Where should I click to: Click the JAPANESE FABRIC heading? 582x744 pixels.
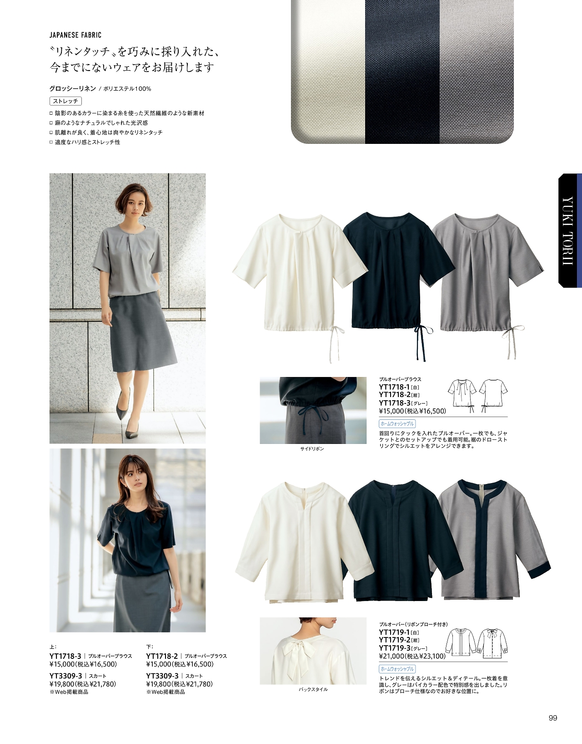pos(75,35)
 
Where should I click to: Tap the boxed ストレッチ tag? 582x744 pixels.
pos(65,101)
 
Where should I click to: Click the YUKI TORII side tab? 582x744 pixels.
pos(569,230)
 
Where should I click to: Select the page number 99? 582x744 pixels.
pos(552,719)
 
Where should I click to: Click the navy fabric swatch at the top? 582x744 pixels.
pos(402,71)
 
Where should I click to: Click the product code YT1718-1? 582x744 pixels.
pos(394,387)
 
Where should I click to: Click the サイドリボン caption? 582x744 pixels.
pos(312,449)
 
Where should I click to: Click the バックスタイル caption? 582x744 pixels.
pos(313,689)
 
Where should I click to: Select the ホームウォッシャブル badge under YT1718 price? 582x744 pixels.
pos(397,423)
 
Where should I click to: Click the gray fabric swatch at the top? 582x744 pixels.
pos(477,71)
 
